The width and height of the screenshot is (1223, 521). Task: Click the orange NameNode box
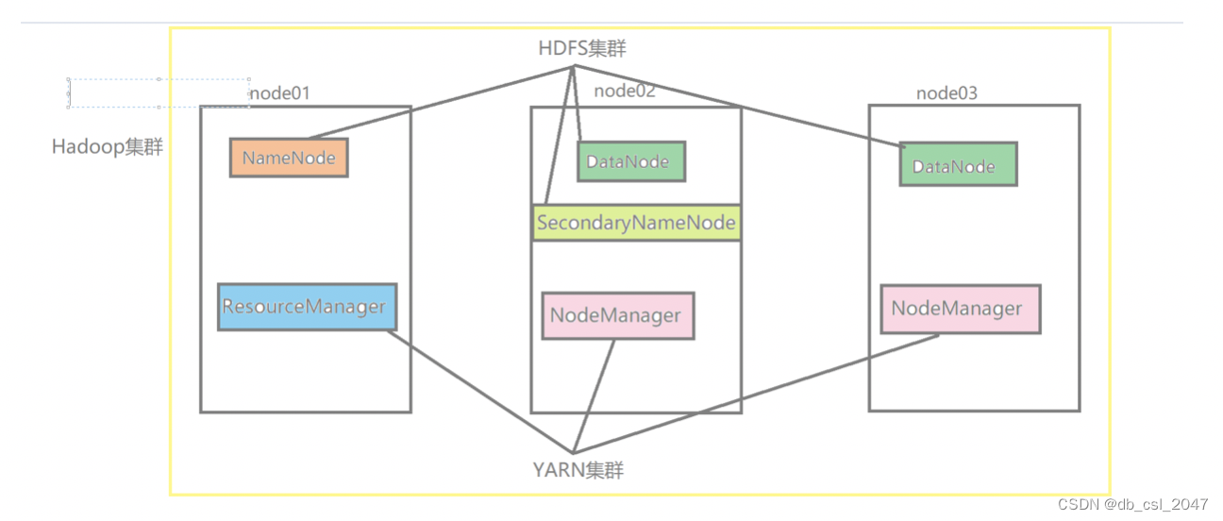coord(289,158)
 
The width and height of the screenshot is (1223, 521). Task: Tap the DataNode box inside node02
coord(630,161)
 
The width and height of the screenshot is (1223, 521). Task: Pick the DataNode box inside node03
coord(957,165)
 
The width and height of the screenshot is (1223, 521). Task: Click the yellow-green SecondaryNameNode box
coord(635,224)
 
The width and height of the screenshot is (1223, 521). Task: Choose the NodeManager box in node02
coord(617,315)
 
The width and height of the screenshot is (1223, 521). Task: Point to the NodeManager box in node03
coord(959,309)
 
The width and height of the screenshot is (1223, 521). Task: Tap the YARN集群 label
coord(578,469)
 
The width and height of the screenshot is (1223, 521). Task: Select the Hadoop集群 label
coord(107,147)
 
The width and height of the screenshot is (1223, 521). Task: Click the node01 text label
coord(279,92)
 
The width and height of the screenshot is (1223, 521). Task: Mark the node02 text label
coord(625,91)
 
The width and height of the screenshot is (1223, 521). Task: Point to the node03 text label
coord(947,92)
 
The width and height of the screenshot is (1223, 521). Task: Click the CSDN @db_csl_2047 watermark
coord(1132,504)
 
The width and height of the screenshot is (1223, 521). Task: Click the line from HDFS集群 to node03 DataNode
coord(736,105)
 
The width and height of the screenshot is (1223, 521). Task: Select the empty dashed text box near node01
coord(159,92)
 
